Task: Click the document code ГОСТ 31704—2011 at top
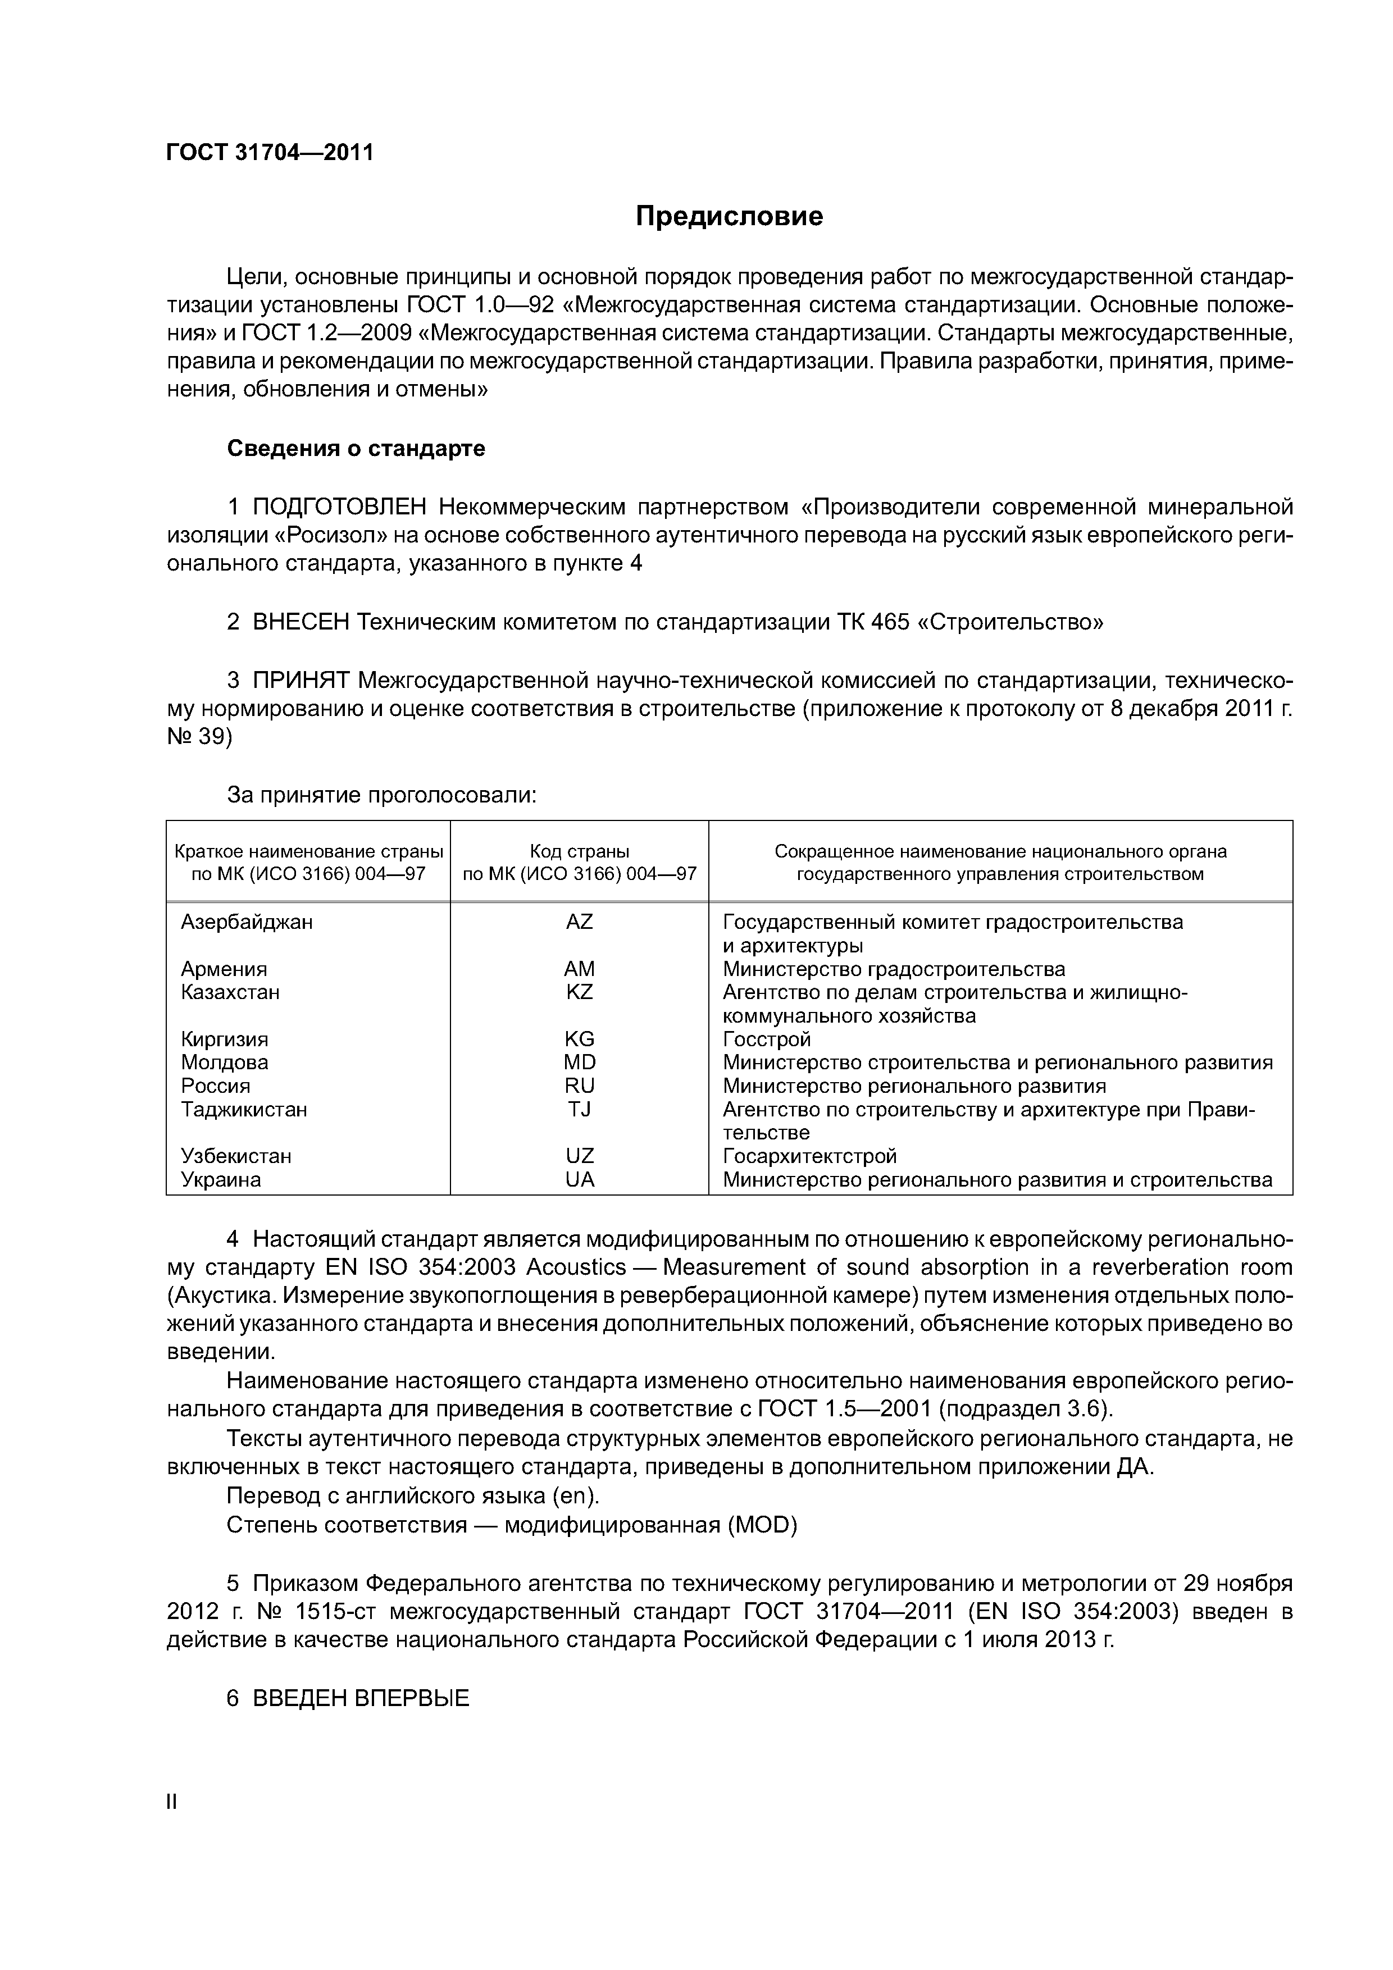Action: tap(270, 153)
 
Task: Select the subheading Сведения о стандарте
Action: tap(356, 449)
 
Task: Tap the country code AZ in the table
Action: tap(579, 922)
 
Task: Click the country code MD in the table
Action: tap(579, 1062)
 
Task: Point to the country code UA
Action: tap(579, 1180)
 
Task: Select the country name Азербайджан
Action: tap(247, 922)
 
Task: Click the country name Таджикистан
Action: tap(244, 1110)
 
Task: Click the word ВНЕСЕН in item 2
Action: tap(301, 622)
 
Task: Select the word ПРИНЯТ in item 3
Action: tap(301, 681)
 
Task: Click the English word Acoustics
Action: tap(576, 1267)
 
